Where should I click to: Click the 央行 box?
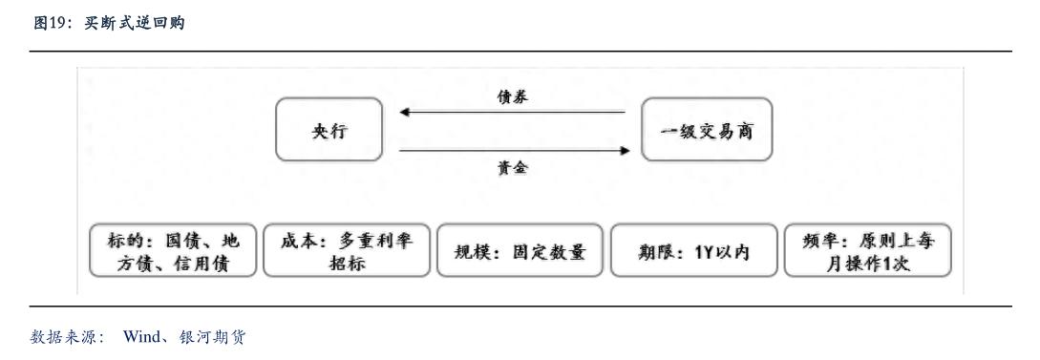tap(329, 129)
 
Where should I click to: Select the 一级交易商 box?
tap(706, 129)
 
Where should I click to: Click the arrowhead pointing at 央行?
tap(405, 112)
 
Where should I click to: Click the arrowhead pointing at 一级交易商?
tap(625, 150)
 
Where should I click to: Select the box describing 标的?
tap(173, 251)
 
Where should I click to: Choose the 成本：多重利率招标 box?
tap(347, 251)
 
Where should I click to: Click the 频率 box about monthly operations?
tap(868, 251)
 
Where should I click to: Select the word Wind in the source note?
tap(142, 337)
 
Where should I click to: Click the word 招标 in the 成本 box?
tap(347, 263)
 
